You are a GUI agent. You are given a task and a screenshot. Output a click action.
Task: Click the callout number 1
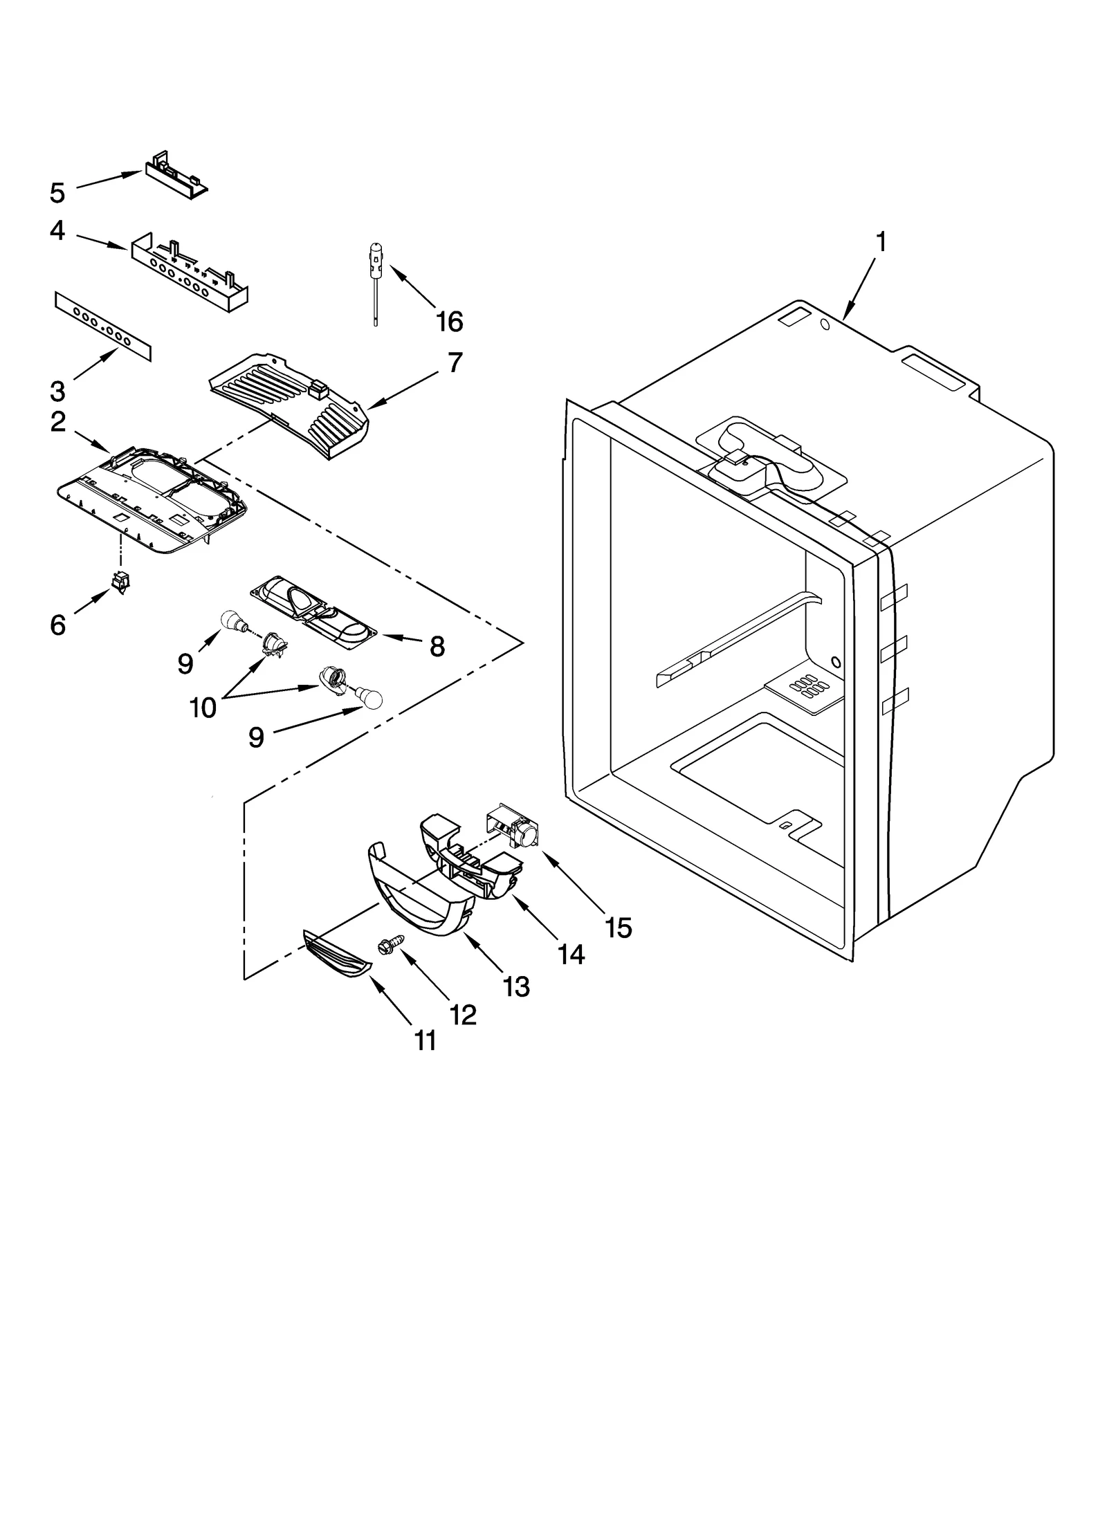(x=880, y=243)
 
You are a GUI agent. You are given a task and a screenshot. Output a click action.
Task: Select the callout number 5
(x=57, y=192)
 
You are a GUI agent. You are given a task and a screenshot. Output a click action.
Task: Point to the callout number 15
(x=618, y=928)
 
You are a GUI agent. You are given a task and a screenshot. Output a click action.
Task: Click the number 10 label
(x=203, y=708)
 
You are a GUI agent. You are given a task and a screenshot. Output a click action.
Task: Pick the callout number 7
(x=455, y=362)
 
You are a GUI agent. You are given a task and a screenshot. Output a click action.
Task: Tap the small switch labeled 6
(x=120, y=583)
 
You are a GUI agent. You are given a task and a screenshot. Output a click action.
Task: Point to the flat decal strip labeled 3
(x=102, y=326)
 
